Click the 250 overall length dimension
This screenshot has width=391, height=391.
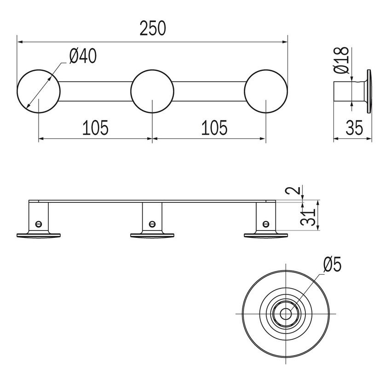point(152,29)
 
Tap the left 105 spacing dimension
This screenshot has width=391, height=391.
point(95,127)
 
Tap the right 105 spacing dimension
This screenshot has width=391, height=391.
point(209,127)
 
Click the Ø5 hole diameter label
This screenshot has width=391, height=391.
point(332,265)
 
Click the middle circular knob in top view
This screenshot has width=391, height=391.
point(152,91)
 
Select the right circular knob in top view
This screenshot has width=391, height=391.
point(266,91)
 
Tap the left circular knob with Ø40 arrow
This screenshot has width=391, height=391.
point(38,91)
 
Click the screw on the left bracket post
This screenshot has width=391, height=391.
point(38,224)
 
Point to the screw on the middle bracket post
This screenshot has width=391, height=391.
point(152,224)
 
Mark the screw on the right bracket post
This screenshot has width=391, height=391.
point(265,224)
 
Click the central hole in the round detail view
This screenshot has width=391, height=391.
point(286,313)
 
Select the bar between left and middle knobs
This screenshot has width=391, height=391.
point(95,91)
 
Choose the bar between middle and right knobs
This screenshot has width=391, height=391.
point(209,91)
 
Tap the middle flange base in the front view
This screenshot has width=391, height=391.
point(152,236)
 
